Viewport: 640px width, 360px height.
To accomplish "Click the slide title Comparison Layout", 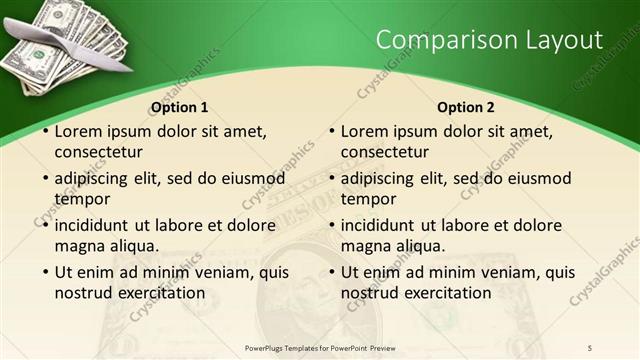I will click(x=489, y=40).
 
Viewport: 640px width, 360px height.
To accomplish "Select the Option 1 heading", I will click(x=180, y=107).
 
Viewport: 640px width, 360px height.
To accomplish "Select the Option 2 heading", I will click(x=466, y=107).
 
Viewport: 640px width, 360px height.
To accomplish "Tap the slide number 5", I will click(x=590, y=347).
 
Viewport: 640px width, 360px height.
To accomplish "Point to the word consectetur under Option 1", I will click(x=99, y=152).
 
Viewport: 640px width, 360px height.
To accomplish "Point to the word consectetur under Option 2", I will click(x=385, y=152).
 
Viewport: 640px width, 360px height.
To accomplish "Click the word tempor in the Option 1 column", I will click(x=82, y=199).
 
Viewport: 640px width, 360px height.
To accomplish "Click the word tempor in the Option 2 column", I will click(x=368, y=199).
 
